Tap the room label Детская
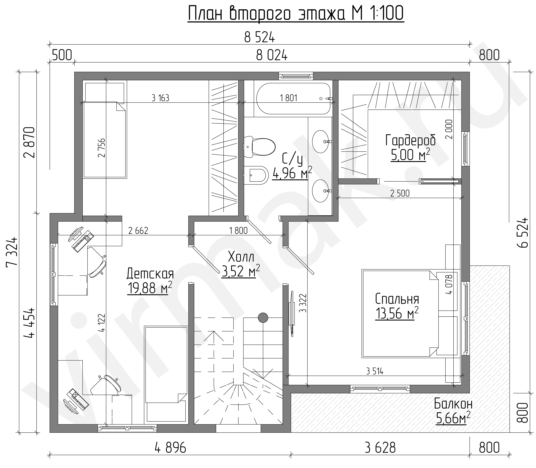(x=150, y=274)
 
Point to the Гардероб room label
(x=410, y=141)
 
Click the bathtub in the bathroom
(x=293, y=98)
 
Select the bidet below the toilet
(x=256, y=175)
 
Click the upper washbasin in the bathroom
(x=321, y=141)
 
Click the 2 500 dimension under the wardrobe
(x=400, y=193)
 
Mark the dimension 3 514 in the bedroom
(x=375, y=371)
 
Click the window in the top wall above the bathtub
(x=296, y=76)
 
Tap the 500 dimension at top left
(x=62, y=55)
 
